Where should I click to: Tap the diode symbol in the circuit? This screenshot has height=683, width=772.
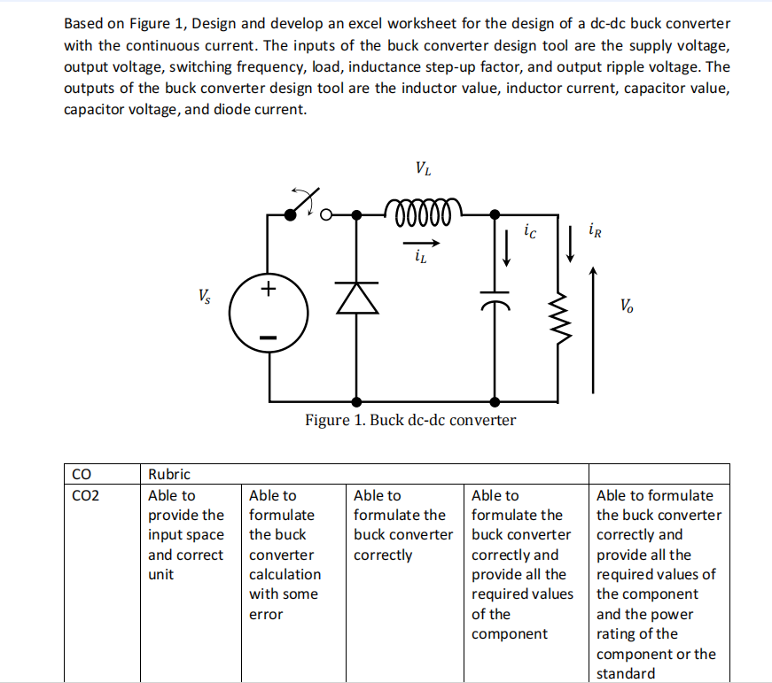pyautogui.click(x=356, y=300)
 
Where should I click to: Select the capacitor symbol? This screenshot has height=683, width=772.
pyautogui.click(x=494, y=302)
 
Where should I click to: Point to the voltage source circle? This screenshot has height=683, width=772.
pyautogui.click(x=268, y=314)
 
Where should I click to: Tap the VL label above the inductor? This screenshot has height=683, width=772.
pyautogui.click(x=423, y=168)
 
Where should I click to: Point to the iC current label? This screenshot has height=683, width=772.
pyautogui.click(x=529, y=233)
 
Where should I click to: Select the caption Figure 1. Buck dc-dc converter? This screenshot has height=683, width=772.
pyautogui.click(x=409, y=419)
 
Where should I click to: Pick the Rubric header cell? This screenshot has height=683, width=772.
pyautogui.click(x=168, y=474)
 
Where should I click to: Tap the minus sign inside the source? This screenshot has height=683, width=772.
pyautogui.click(x=269, y=338)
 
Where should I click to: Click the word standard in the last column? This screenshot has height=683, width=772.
pyautogui.click(x=626, y=672)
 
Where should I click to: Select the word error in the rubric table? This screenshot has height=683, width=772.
pyautogui.click(x=266, y=613)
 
